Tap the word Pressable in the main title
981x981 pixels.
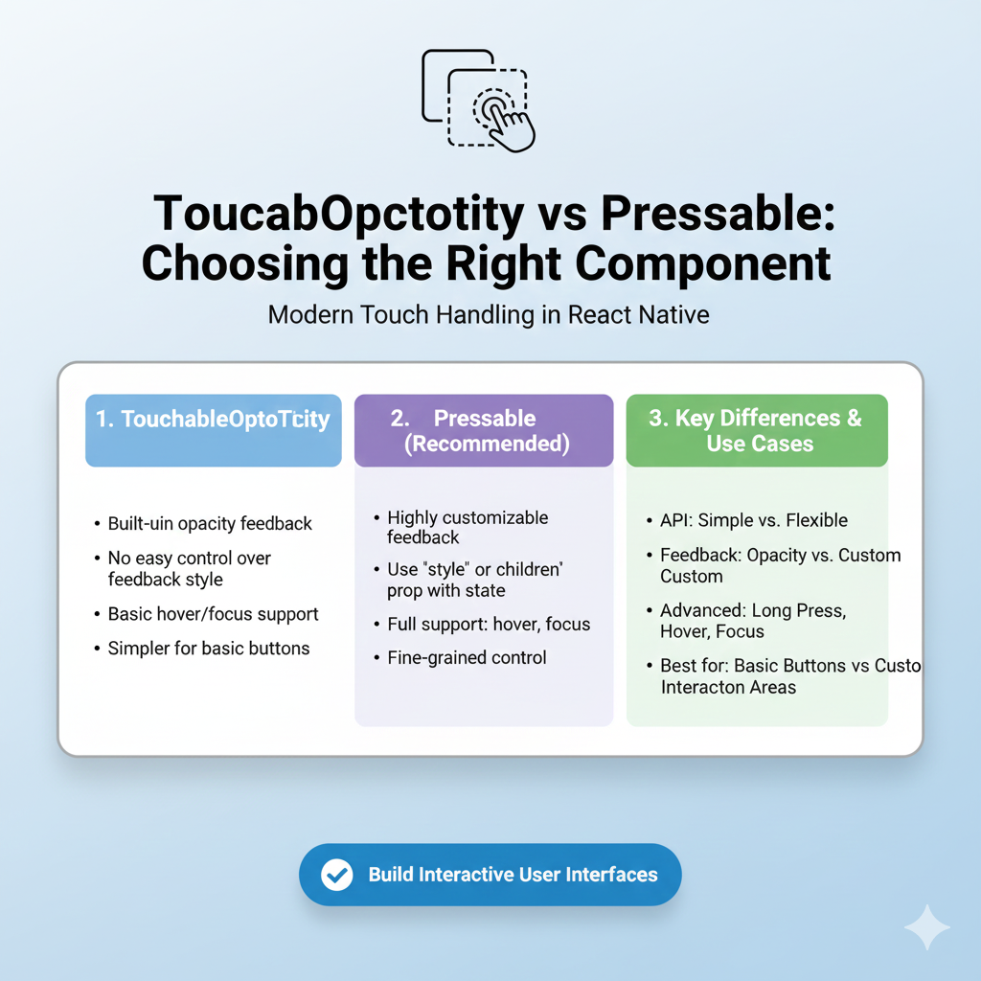[x=718, y=214]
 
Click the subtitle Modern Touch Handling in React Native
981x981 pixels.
[x=489, y=314]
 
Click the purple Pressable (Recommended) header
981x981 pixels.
[x=484, y=431]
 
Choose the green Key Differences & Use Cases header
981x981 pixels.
[x=757, y=431]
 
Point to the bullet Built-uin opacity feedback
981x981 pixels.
[x=210, y=523]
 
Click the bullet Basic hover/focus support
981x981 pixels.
[x=213, y=614]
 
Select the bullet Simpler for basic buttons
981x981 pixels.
[x=208, y=649]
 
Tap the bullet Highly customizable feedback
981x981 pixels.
[x=467, y=527]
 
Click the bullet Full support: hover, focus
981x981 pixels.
[x=489, y=625]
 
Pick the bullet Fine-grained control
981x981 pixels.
[x=467, y=657]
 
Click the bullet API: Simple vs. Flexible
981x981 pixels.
[x=754, y=521]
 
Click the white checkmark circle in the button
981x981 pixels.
[x=336, y=875]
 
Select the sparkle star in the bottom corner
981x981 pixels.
[x=926, y=926]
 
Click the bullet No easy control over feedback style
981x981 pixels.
[x=189, y=568]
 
